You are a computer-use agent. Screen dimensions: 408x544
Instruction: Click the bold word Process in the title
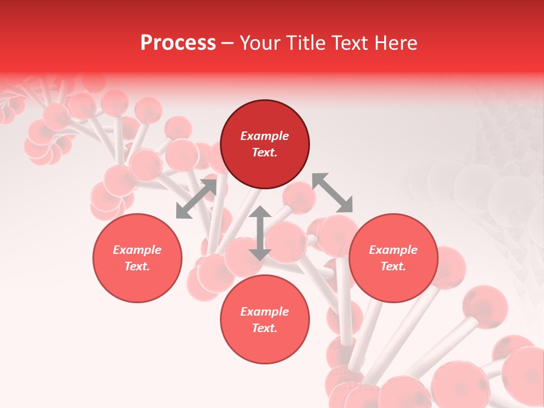[178, 43]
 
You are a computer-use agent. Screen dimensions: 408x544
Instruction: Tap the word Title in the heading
[306, 43]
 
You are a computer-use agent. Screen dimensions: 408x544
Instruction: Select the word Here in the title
[395, 43]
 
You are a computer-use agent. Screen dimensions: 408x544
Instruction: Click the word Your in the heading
[261, 43]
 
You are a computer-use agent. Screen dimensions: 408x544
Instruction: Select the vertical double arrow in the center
[260, 233]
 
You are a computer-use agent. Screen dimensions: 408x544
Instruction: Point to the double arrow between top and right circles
[332, 193]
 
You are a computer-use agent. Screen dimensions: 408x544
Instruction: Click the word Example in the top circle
[265, 136]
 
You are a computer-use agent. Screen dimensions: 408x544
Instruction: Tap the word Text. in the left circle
[137, 266]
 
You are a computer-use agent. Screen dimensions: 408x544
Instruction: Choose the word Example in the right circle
[393, 250]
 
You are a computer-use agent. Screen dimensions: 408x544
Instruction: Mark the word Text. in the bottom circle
[265, 328]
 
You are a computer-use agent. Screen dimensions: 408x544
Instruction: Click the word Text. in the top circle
[265, 152]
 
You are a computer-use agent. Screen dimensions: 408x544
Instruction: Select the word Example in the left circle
[137, 250]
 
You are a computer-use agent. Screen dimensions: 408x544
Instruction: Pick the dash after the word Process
[228, 44]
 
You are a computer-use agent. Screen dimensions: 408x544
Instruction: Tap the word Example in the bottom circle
[265, 312]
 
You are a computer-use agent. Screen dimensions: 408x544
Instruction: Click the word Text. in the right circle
[393, 266]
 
